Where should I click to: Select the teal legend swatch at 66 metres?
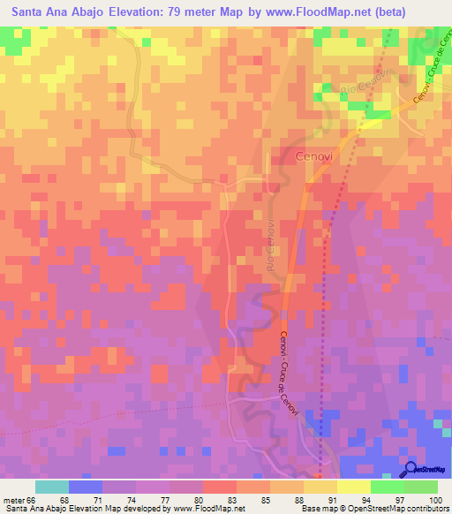pyautogui.click(x=51, y=487)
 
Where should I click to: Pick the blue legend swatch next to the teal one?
pyautogui.click(x=85, y=487)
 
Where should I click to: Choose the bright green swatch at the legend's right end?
pyautogui.click(x=421, y=487)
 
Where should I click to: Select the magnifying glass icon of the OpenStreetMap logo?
pyautogui.click(x=411, y=469)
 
